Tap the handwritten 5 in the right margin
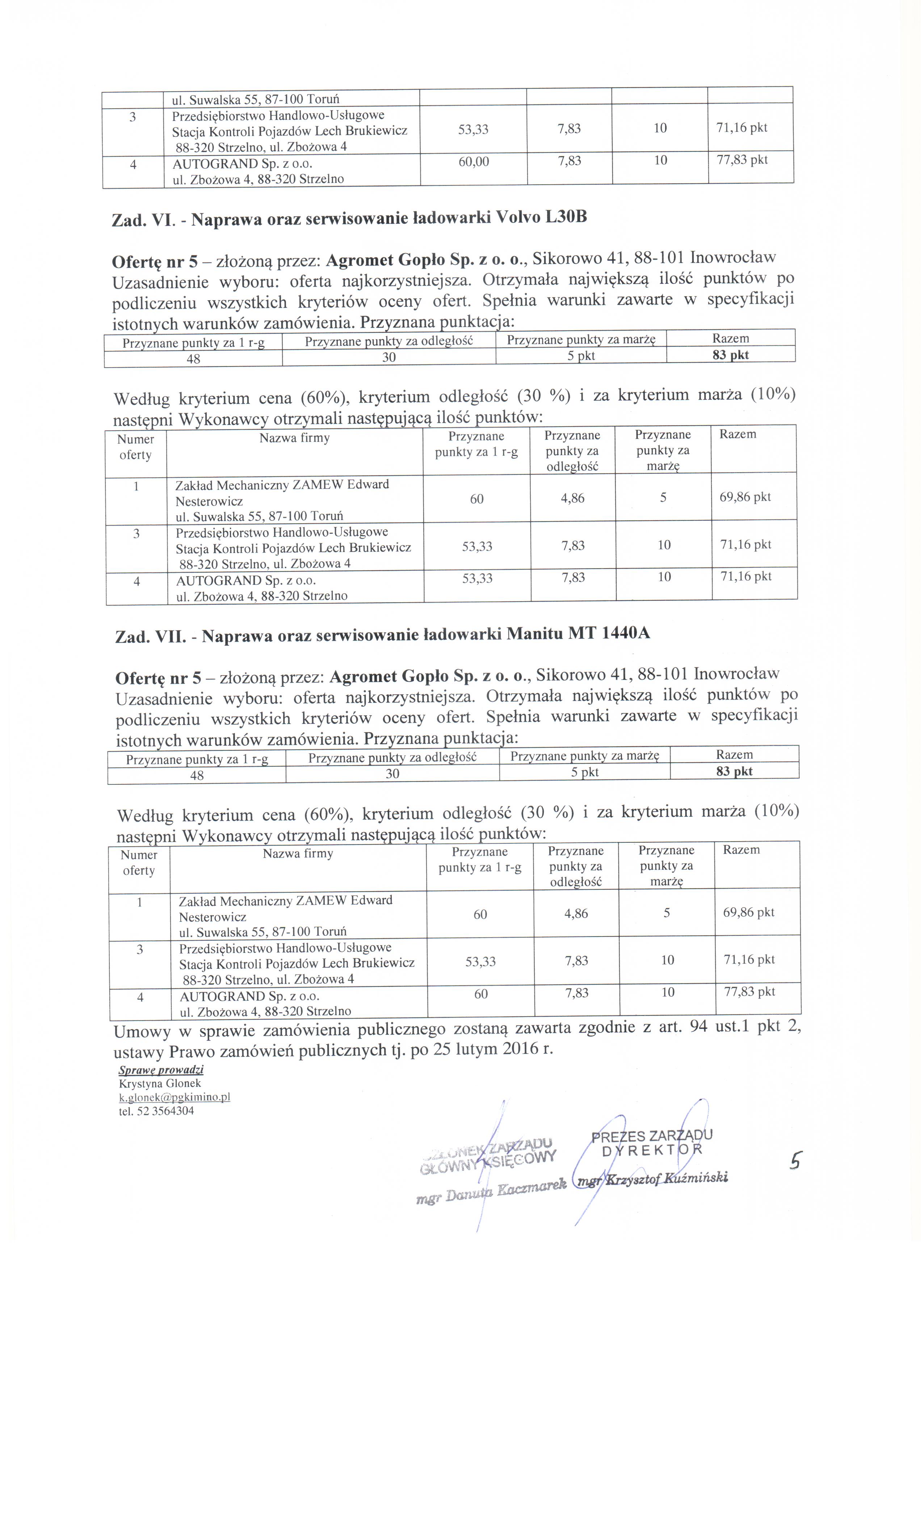[795, 1162]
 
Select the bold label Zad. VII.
[150, 636]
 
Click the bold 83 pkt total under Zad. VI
[730, 355]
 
